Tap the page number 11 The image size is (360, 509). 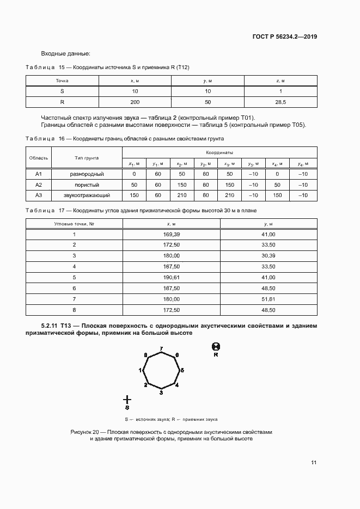(x=314, y=463)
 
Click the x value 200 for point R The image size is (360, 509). (x=135, y=102)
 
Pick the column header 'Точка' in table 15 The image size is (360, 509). (x=62, y=81)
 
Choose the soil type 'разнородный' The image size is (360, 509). (x=87, y=174)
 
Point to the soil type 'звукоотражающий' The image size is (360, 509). (x=87, y=195)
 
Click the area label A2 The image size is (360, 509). (x=39, y=185)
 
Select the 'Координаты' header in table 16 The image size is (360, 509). (x=219, y=153)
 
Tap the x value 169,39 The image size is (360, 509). (x=171, y=234)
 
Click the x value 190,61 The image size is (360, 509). (x=171, y=277)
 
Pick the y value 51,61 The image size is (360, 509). (x=269, y=299)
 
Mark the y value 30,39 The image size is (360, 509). (x=269, y=255)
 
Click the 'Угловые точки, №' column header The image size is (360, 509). (x=74, y=224)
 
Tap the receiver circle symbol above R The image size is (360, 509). (x=216, y=346)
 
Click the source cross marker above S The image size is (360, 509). (x=127, y=400)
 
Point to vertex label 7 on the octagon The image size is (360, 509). (x=161, y=348)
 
